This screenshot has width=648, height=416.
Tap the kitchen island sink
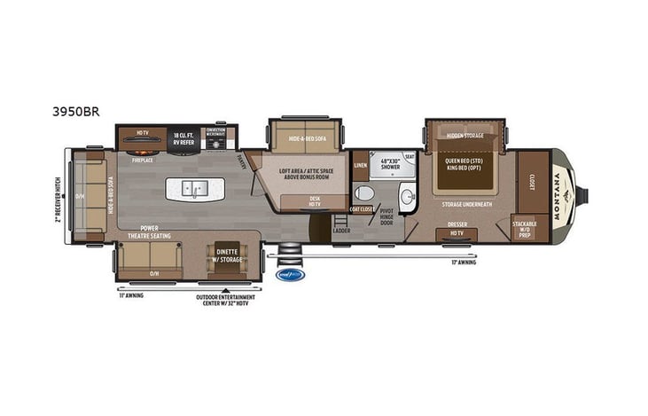click(194, 188)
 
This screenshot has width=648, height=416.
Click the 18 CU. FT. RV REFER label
click(183, 137)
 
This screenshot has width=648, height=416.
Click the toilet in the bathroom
click(363, 192)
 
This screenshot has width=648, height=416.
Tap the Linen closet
click(361, 165)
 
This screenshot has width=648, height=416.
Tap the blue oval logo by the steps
click(291, 274)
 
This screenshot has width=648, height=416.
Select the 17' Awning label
click(463, 263)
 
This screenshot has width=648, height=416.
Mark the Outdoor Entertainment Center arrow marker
click(226, 289)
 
